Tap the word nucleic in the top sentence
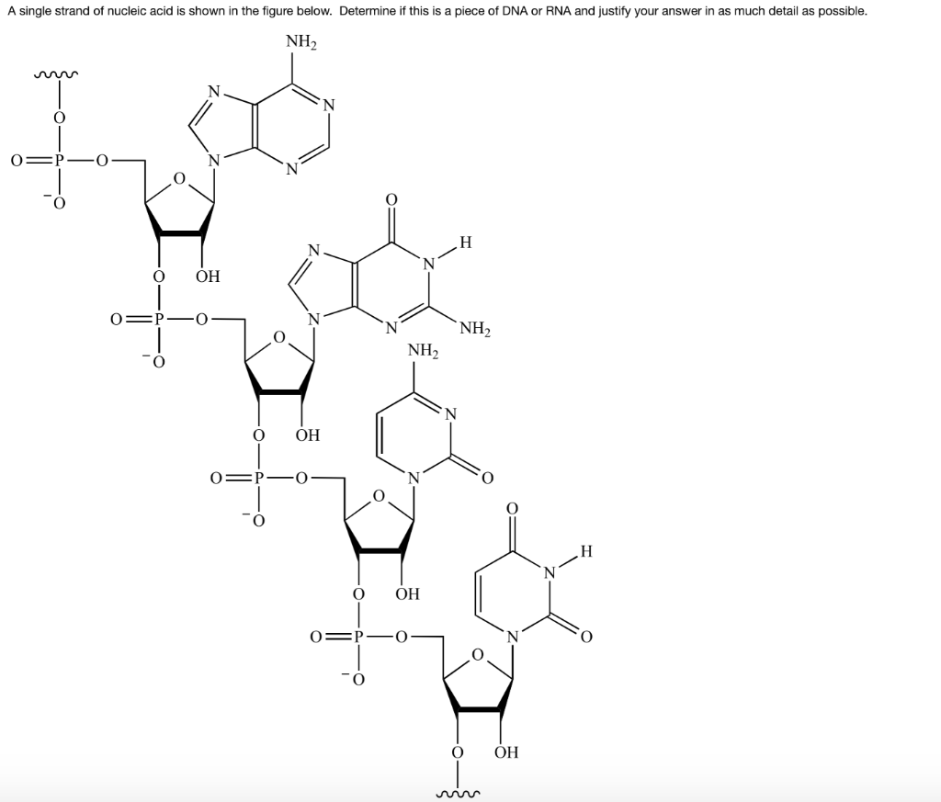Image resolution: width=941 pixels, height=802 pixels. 152,11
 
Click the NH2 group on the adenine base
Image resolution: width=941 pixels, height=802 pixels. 301,42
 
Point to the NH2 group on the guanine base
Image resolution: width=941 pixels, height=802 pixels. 475,329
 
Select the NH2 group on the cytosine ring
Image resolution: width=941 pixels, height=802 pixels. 423,350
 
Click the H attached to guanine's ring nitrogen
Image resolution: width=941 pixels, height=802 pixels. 466,243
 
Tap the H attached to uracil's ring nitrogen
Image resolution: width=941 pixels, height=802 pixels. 586,550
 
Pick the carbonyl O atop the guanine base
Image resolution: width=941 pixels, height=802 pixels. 391,198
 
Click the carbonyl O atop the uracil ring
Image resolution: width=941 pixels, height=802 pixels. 511,508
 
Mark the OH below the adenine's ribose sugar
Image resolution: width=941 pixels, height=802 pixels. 209,277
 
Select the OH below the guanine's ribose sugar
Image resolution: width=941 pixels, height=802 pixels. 308,435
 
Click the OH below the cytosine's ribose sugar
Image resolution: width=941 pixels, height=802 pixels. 407,593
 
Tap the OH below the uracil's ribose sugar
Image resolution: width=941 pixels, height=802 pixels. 506,752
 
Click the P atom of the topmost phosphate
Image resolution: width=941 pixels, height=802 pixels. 59,161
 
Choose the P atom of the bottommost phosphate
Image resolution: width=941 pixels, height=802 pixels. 358,636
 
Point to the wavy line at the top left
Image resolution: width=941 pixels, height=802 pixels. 56,75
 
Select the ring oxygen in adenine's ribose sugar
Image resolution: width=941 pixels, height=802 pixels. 179,178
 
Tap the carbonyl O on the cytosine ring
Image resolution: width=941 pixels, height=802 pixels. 487,478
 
